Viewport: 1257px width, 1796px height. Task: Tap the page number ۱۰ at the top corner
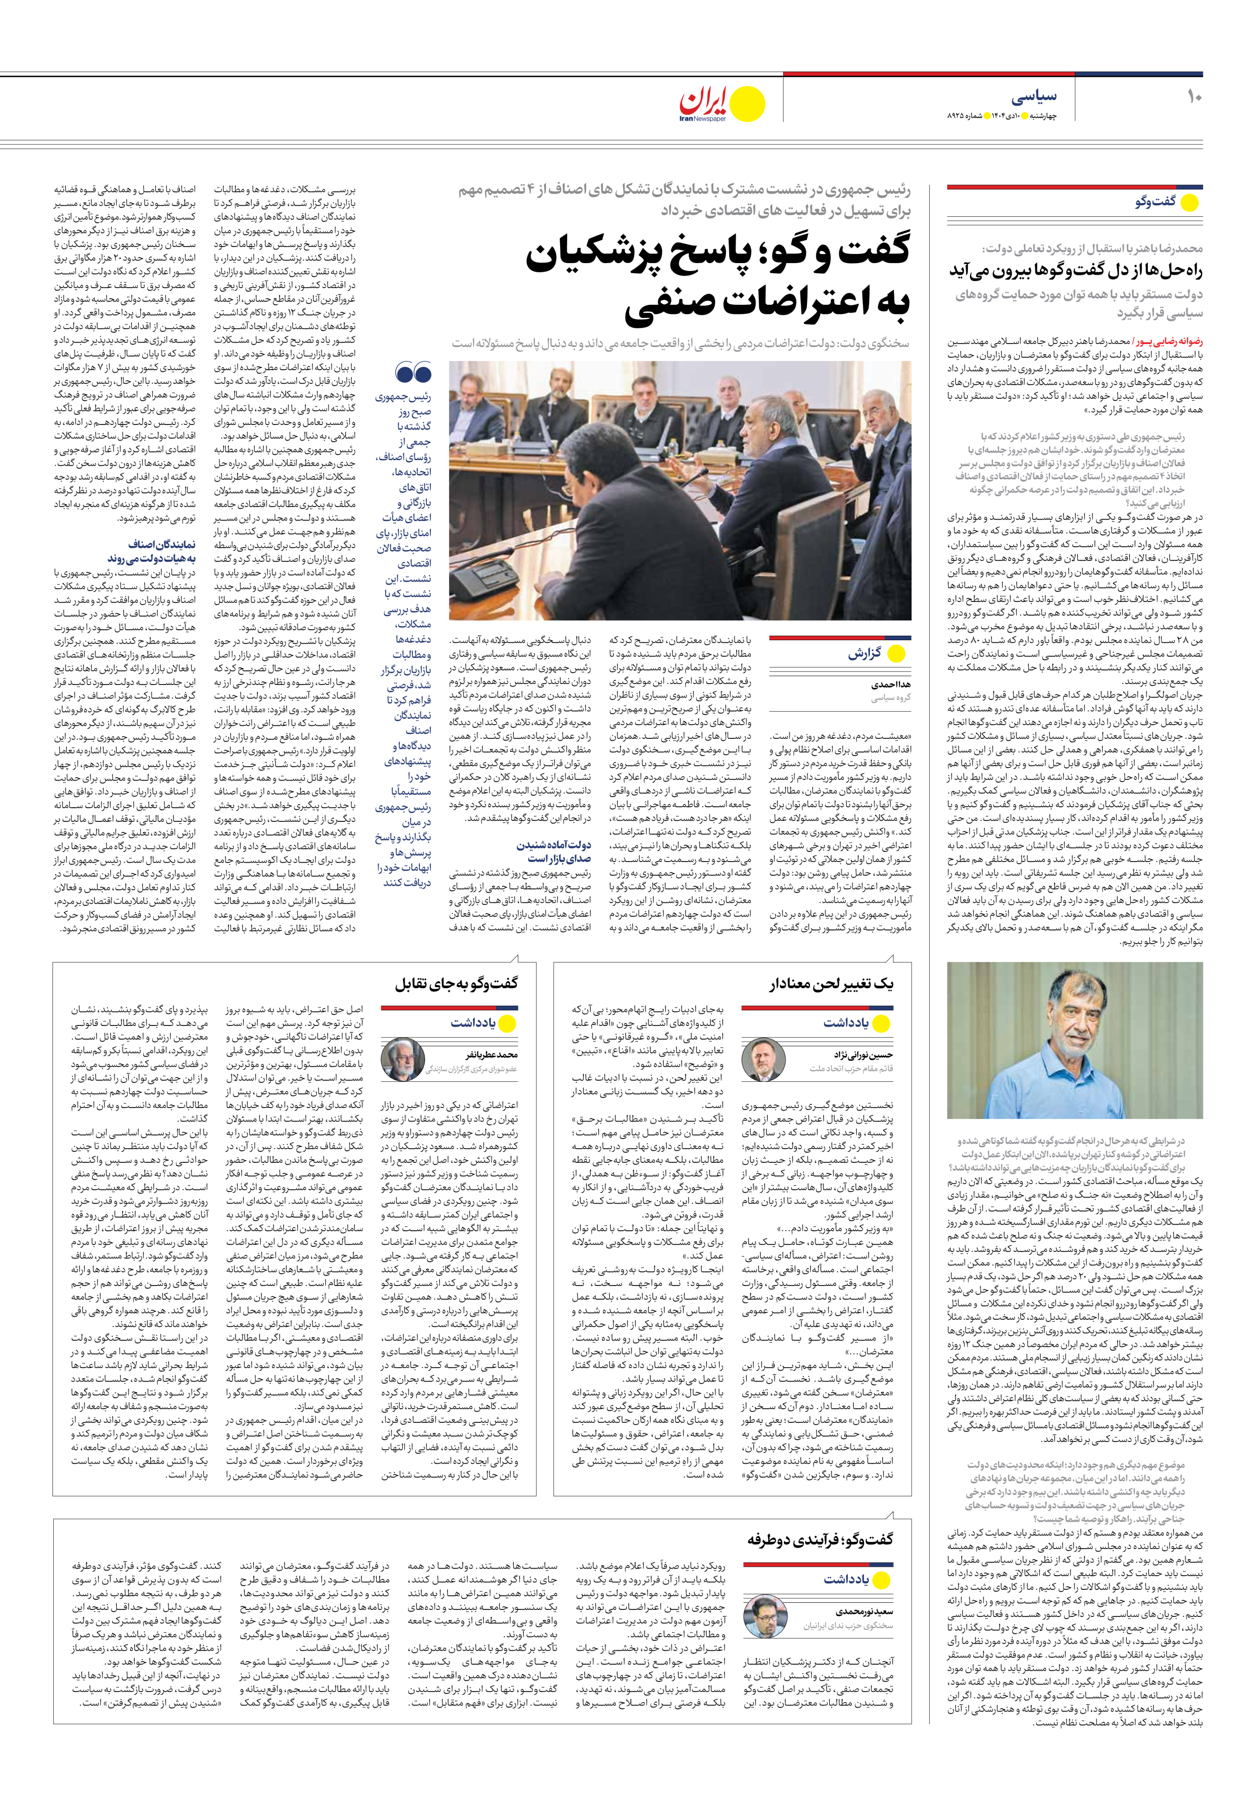(x=1194, y=98)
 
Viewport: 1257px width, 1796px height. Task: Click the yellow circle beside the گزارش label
(x=896, y=654)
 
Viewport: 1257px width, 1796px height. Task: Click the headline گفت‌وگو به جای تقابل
(x=455, y=984)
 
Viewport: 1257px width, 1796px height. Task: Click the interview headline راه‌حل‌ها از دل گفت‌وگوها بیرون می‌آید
(x=1075, y=271)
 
